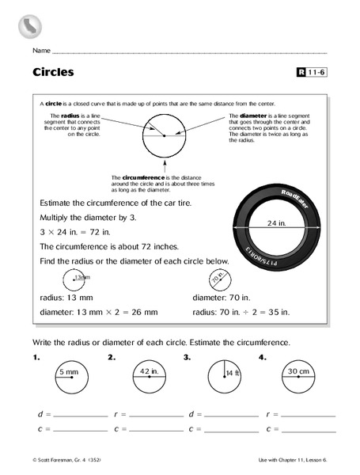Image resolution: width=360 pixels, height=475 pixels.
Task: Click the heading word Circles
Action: pos(53,72)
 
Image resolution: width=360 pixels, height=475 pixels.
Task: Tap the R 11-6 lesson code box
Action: pos(312,73)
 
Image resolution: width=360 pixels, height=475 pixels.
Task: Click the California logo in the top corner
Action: pos(28,28)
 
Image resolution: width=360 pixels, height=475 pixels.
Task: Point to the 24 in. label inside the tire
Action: pos(275,223)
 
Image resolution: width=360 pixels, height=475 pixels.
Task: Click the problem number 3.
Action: pos(187,358)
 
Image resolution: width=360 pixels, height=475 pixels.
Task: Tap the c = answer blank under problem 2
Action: pos(157,429)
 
